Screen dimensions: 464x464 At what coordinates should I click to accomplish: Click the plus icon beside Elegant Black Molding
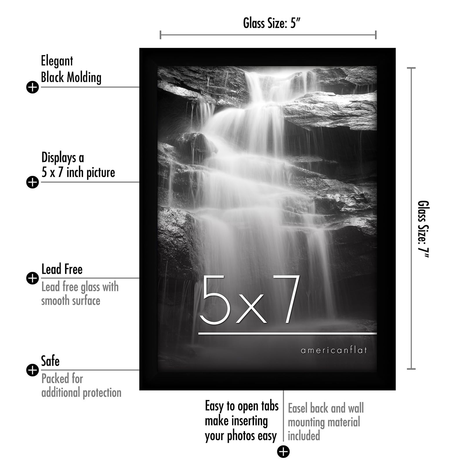tap(32, 87)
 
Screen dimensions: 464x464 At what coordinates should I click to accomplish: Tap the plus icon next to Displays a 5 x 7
tap(32, 182)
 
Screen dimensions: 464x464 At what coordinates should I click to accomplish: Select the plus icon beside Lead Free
tap(32, 278)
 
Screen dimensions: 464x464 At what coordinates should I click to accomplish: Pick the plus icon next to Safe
tap(32, 370)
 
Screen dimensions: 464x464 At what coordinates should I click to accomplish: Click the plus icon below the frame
tap(283, 452)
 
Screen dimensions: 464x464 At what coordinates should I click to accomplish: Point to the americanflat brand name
tap(334, 350)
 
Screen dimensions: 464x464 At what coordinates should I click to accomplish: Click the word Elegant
tap(57, 61)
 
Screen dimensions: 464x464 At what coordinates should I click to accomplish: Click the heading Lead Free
tap(62, 269)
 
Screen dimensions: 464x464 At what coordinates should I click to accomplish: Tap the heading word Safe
tap(50, 361)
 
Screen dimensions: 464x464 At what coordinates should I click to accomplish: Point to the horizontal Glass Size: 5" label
tap(271, 23)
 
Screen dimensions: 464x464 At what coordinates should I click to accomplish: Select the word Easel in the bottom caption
tap(298, 408)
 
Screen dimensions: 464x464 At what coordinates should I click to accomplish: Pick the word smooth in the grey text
tap(55, 301)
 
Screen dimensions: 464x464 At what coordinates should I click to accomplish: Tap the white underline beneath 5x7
tap(287, 334)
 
